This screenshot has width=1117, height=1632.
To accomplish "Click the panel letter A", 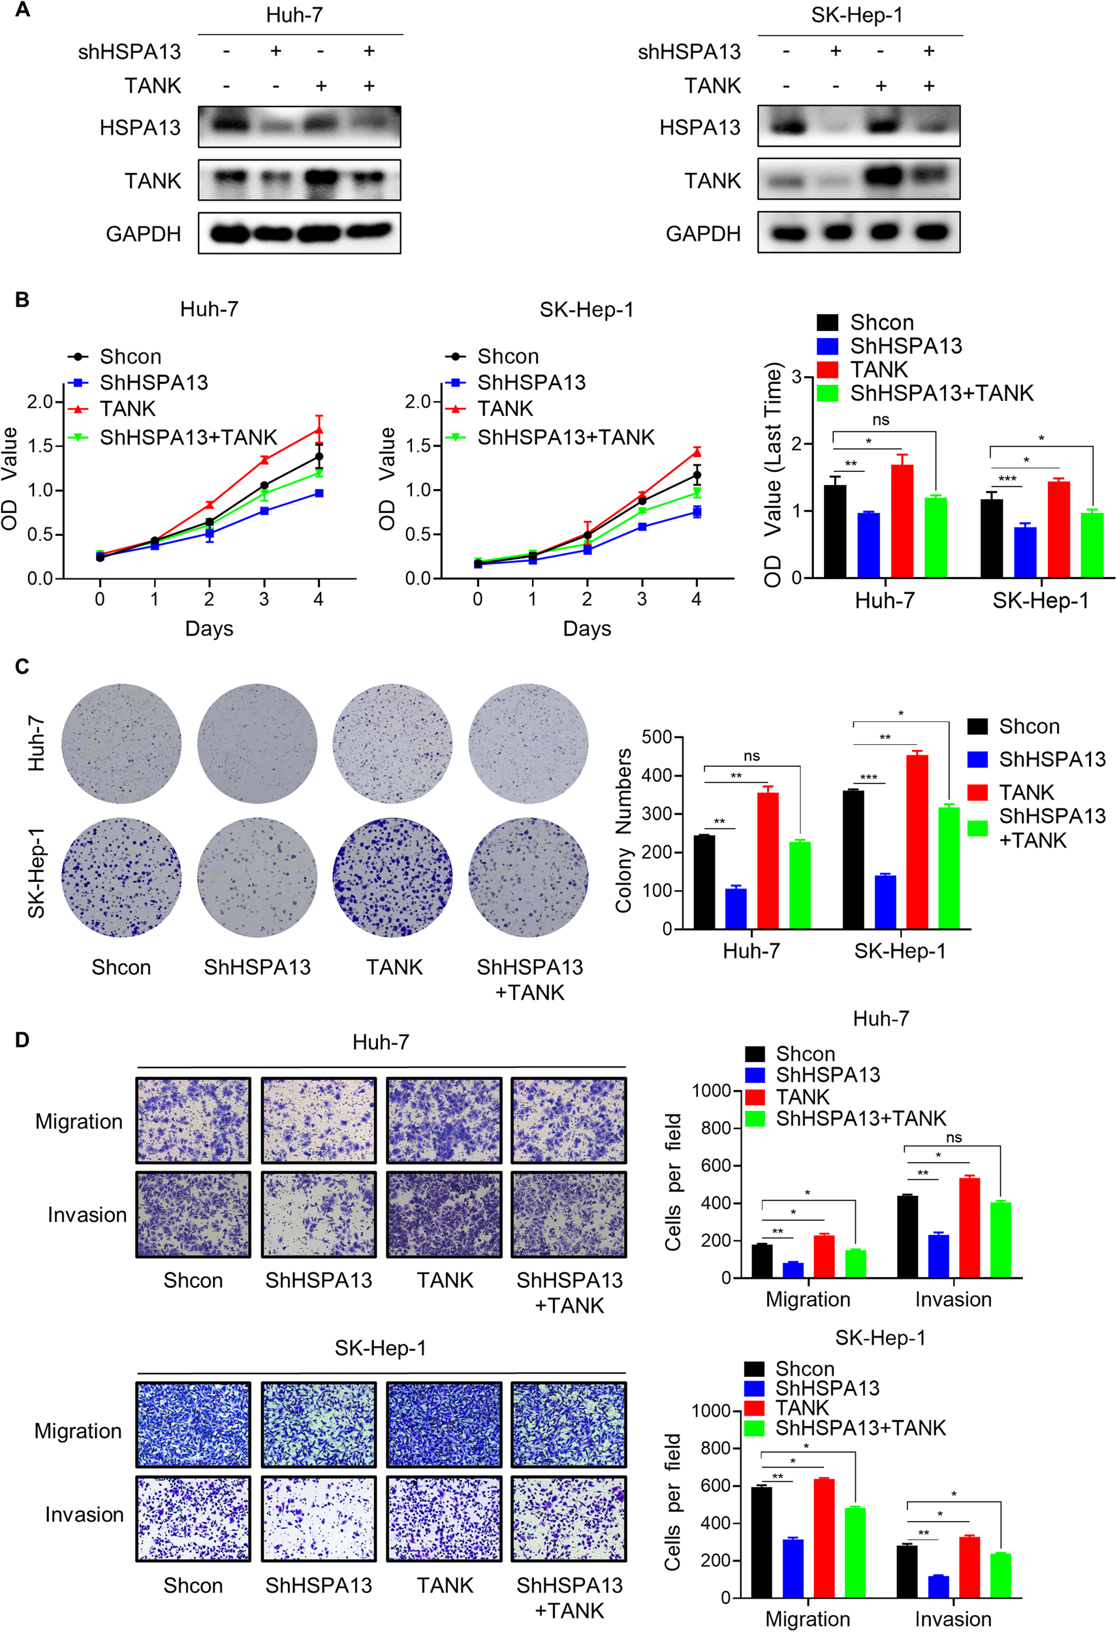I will click(22, 10).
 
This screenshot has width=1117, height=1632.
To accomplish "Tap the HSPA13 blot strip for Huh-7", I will click(299, 127).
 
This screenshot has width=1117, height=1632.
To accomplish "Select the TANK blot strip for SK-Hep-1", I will click(858, 180).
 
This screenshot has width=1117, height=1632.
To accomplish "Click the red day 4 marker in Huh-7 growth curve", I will click(319, 430).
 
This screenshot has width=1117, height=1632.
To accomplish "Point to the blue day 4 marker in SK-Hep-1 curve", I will click(697, 512).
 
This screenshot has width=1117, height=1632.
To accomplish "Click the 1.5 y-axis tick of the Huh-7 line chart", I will click(40, 446).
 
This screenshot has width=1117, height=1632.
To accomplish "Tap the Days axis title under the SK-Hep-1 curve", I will click(587, 629).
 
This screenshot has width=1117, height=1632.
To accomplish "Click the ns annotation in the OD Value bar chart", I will click(881, 420).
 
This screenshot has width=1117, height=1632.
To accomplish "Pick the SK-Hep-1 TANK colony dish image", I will click(392, 877).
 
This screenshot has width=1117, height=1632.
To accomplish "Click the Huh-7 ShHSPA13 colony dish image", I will click(257, 744).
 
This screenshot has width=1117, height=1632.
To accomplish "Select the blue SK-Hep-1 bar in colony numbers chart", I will click(885, 902).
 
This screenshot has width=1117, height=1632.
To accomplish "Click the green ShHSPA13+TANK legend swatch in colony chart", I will click(977, 828).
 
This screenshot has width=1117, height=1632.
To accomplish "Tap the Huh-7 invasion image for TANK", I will click(445, 1214).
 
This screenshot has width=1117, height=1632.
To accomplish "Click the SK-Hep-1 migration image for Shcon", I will click(193, 1425).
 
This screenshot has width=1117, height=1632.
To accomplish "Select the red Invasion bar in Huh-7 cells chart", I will click(969, 1227).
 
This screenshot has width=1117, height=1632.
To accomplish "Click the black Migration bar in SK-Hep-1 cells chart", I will click(761, 1543).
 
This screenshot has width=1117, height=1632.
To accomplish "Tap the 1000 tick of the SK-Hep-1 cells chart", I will click(710, 1411).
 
